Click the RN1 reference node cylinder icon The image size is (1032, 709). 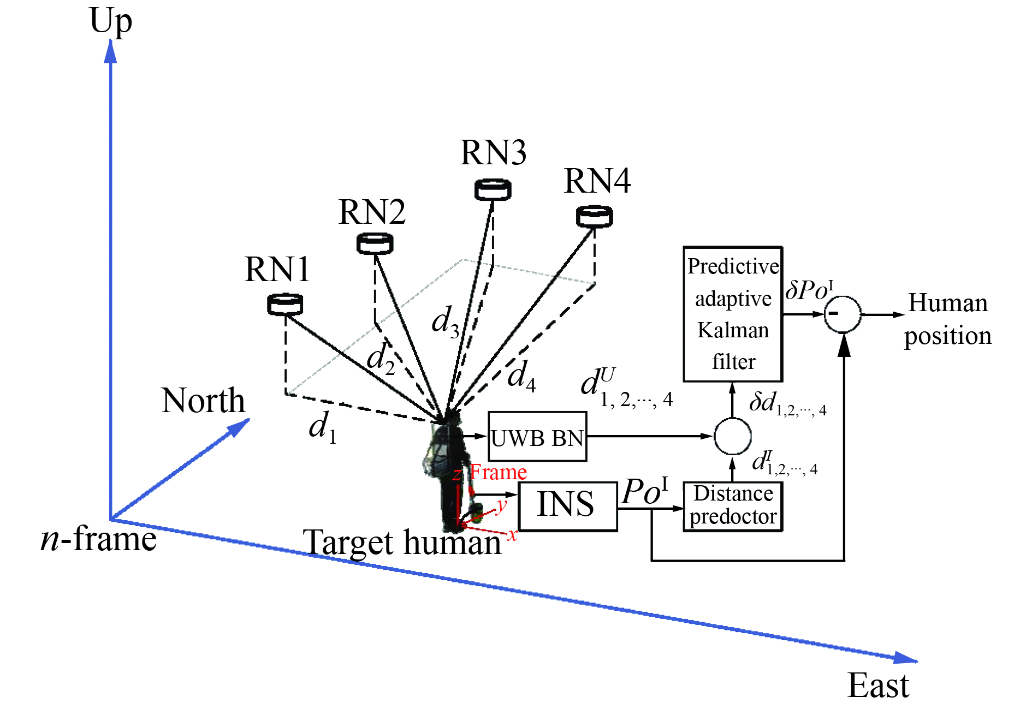(285, 305)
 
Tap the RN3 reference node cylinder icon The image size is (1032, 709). (493, 189)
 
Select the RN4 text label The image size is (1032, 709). (597, 181)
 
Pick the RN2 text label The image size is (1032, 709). (372, 212)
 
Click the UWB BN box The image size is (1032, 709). (537, 437)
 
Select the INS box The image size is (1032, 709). (567, 506)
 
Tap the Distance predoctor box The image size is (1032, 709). (733, 506)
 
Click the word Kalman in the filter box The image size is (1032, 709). (733, 330)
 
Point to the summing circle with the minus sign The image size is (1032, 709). (842, 314)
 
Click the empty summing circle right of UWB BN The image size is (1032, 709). (733, 436)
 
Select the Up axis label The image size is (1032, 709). (111, 22)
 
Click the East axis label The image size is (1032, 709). (878, 686)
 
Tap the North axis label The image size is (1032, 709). (203, 401)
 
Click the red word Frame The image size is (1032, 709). (498, 472)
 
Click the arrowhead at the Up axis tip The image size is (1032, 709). (111, 52)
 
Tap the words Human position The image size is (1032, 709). (948, 319)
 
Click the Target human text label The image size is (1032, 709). (402, 543)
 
